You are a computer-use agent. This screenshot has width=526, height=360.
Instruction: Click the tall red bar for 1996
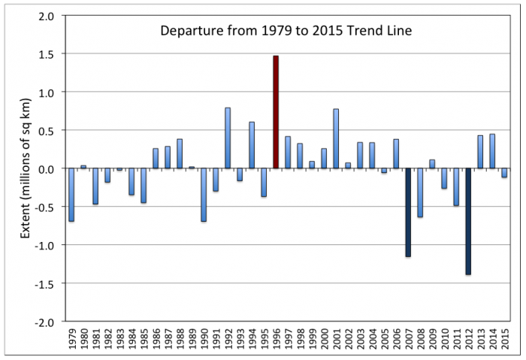coord(276,112)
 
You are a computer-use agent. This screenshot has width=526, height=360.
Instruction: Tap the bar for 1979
coord(71,195)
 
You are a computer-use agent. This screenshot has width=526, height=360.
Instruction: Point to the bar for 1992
coord(228,138)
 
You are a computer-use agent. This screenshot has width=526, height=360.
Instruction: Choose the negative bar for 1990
coord(204,195)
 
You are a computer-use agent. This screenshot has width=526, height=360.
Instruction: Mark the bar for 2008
coord(420,192)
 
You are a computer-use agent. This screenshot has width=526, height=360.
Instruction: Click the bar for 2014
coord(492,151)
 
